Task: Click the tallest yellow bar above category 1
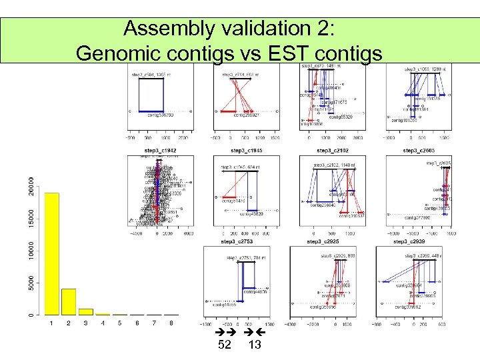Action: [x=51, y=253]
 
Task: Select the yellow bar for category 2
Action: [x=69, y=301]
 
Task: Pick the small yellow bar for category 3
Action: [x=86, y=311]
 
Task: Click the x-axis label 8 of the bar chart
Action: [x=171, y=323]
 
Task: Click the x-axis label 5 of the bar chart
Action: [x=120, y=323]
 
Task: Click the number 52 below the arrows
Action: [x=225, y=345]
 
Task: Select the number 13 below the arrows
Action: [x=254, y=345]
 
